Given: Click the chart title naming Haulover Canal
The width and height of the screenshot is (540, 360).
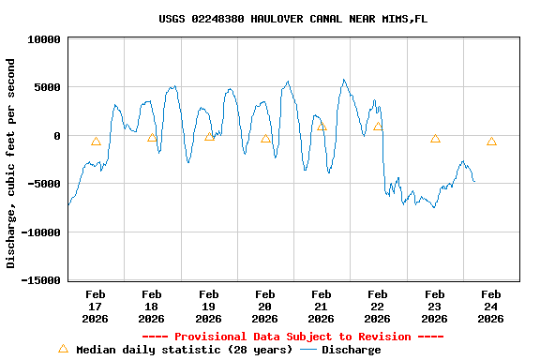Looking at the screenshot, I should point(292,19).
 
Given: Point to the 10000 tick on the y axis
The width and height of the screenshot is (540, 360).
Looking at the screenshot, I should point(44,39).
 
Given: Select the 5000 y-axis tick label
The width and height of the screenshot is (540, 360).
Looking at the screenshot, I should point(48,87).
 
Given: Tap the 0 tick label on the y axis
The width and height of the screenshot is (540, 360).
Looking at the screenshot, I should point(57,136).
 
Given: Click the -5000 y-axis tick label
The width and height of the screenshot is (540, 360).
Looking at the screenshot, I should point(44,184).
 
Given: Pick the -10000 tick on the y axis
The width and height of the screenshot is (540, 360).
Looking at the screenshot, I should point(41,232).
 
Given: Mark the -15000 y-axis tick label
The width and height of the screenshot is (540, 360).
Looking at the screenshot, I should point(41,280).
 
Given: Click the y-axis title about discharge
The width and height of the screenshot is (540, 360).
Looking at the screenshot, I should point(11,163).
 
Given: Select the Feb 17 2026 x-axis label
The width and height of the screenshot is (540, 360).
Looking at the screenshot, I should point(96,307).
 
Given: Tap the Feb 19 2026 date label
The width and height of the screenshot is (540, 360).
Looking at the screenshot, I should point(208,307).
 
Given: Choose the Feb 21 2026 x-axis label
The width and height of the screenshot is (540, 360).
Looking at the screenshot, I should point(321,307).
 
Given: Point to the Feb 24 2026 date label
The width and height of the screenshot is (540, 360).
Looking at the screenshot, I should point(490,307).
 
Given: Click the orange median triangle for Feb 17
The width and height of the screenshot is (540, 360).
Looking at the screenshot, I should point(96,142).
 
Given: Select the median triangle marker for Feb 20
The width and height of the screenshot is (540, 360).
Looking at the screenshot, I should point(265,139).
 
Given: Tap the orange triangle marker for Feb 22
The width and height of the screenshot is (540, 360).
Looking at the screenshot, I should point(378,127).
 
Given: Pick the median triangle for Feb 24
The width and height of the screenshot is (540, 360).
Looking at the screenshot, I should point(491,142).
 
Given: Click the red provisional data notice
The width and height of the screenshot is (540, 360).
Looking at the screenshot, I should point(292,337).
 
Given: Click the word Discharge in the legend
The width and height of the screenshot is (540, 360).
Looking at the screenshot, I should point(352,350).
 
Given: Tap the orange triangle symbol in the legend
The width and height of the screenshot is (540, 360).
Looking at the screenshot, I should point(63,349).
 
